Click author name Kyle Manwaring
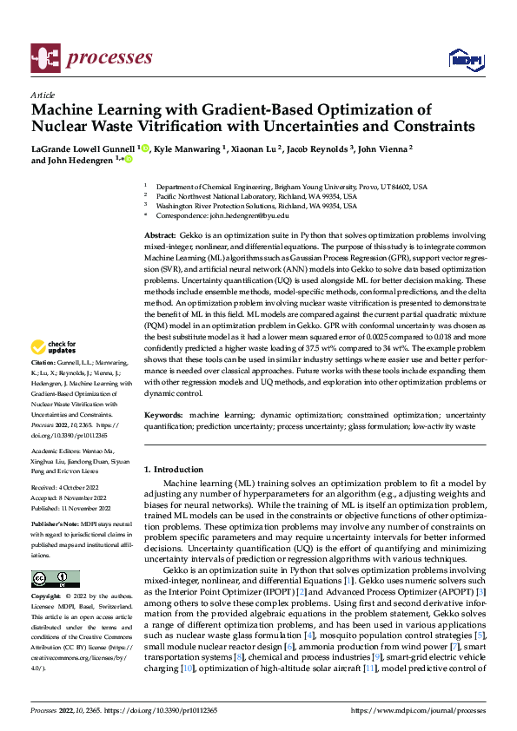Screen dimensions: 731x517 tap(188, 148)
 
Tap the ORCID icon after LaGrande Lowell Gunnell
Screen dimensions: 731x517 tap(145, 148)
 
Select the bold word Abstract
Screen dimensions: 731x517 tap(159, 236)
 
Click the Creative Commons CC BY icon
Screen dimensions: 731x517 tap(55, 578)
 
